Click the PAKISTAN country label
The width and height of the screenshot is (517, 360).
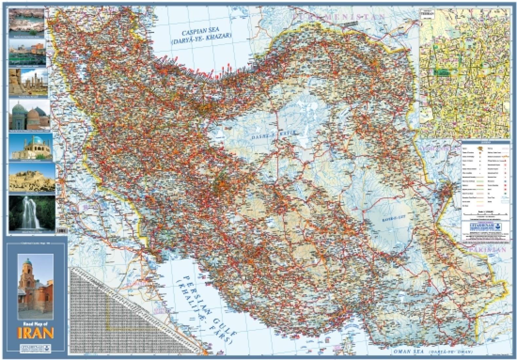point(488,250)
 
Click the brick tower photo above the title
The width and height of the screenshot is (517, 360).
point(35,282)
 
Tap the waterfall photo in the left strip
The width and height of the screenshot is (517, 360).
point(32,213)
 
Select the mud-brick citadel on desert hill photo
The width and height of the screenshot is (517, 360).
point(32,177)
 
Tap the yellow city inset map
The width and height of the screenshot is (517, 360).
point(465,73)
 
